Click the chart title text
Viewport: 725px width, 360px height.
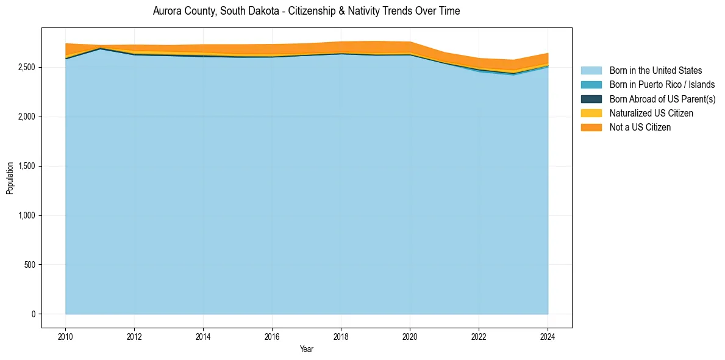pos(306,11)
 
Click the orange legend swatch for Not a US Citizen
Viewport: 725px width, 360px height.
pos(591,128)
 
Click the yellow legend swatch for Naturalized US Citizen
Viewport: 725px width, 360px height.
pos(591,113)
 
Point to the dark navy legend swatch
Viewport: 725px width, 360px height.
pos(591,99)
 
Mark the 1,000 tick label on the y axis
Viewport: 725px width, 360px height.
pos(27,215)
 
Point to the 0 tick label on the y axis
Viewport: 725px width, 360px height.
pos(34,314)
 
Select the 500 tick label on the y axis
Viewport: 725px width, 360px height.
pos(30,265)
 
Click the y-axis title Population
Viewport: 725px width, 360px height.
pos(10,178)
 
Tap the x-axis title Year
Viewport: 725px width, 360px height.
pos(307,350)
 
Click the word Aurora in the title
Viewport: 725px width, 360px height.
pos(166,11)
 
